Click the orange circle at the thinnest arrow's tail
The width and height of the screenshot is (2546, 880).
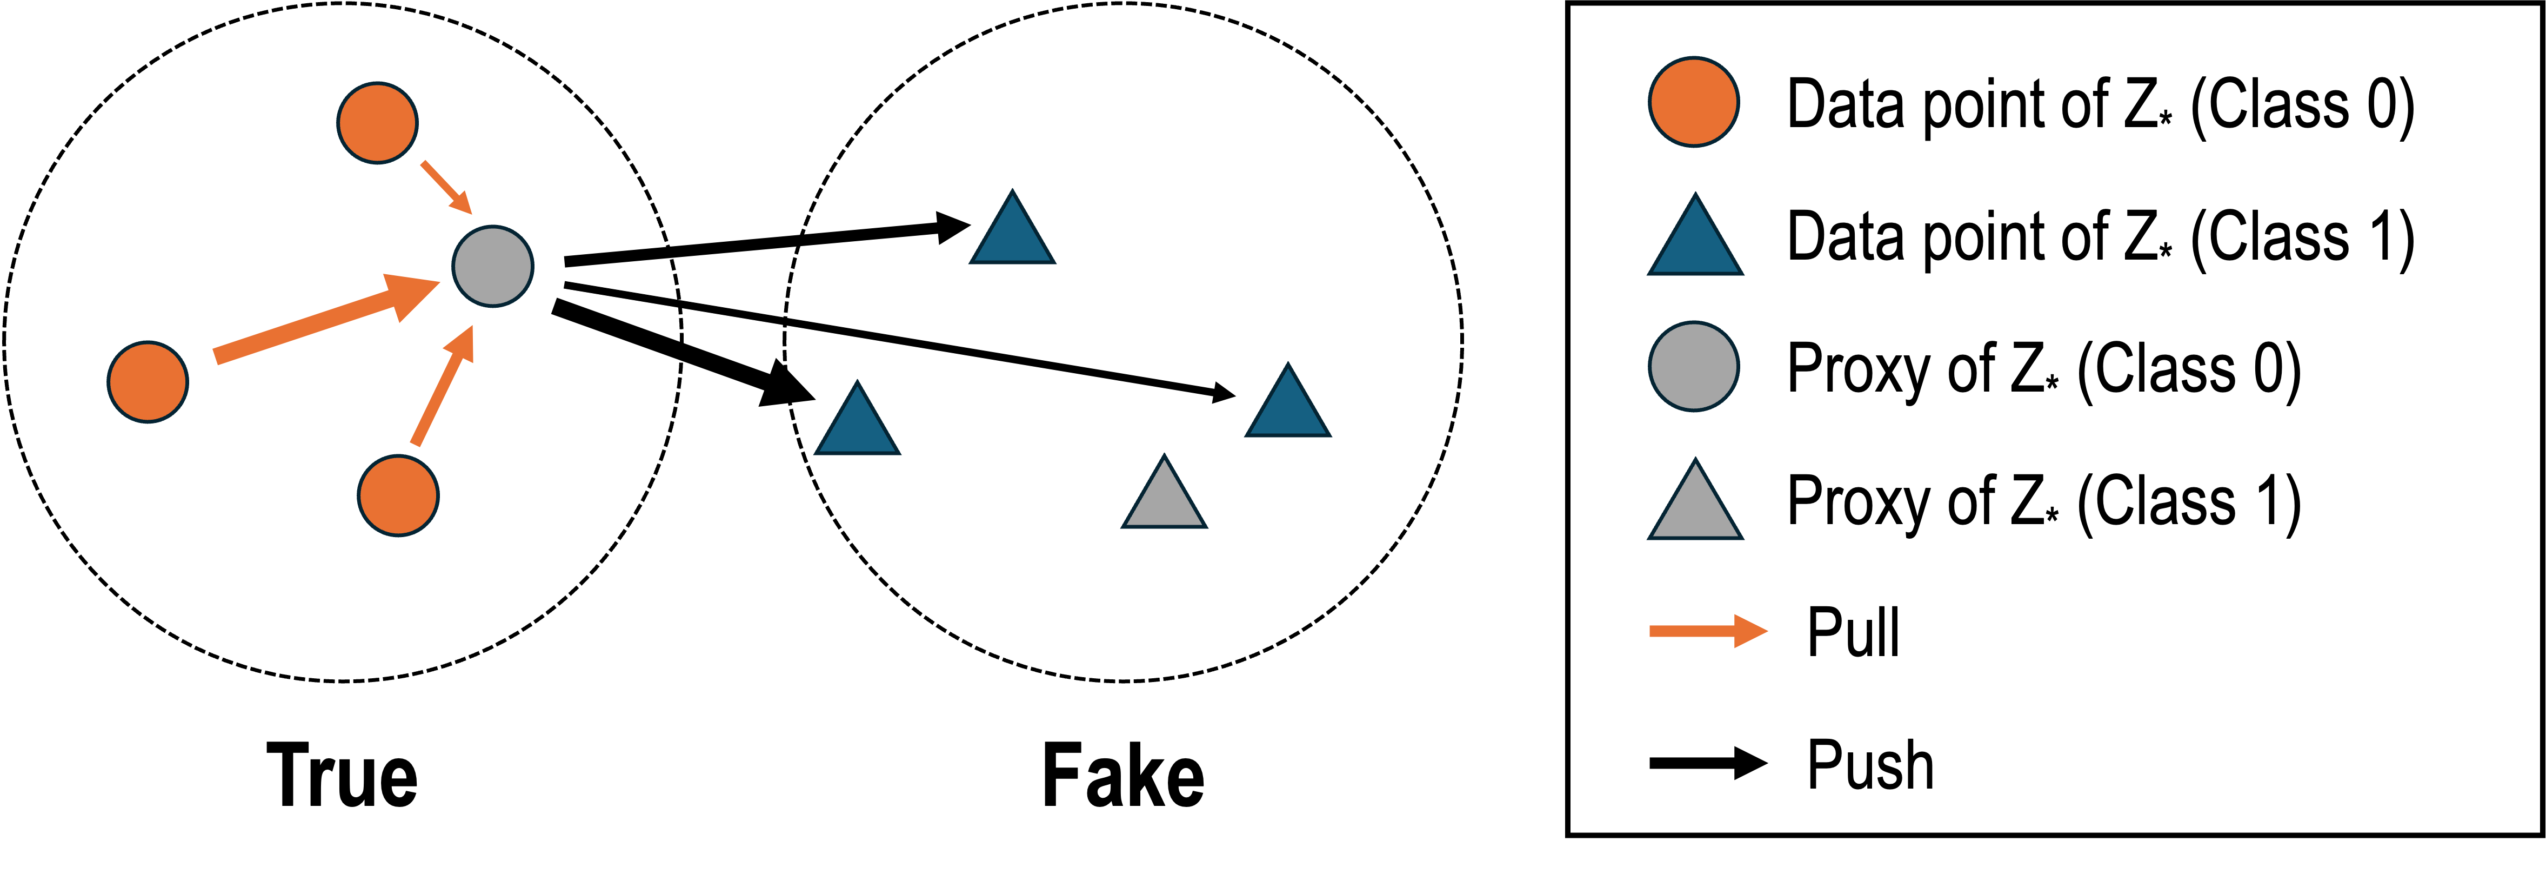click(378, 123)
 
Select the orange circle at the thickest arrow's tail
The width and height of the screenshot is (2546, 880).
click(148, 382)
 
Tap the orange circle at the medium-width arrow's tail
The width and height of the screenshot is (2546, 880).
click(398, 495)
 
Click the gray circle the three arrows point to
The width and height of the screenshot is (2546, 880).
click(492, 266)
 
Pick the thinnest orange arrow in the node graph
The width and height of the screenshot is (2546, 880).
click(445, 186)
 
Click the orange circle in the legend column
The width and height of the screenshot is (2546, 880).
click(1693, 102)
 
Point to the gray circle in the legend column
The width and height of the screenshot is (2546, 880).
click(1693, 366)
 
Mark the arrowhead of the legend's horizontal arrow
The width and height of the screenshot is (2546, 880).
click(1749, 631)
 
